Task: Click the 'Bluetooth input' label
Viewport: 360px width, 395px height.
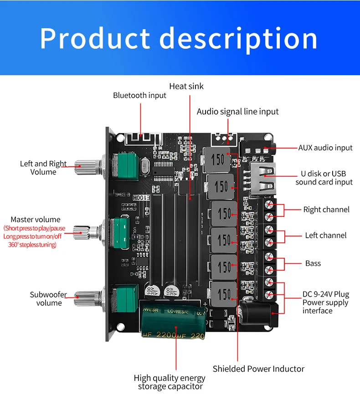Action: [x=139, y=95]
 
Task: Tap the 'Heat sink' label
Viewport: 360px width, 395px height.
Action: [x=186, y=86]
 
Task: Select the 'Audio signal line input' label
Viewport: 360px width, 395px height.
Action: [x=237, y=112]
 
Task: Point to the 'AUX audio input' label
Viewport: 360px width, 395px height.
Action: [x=325, y=148]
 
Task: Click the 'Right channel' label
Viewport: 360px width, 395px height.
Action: [x=326, y=210]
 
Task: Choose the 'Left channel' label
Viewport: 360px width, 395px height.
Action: [x=325, y=236]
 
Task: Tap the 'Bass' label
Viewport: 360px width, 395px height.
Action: [x=313, y=263]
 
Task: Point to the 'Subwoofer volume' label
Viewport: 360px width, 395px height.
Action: [x=48, y=299]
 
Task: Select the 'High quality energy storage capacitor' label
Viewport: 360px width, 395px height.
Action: [x=170, y=382]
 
